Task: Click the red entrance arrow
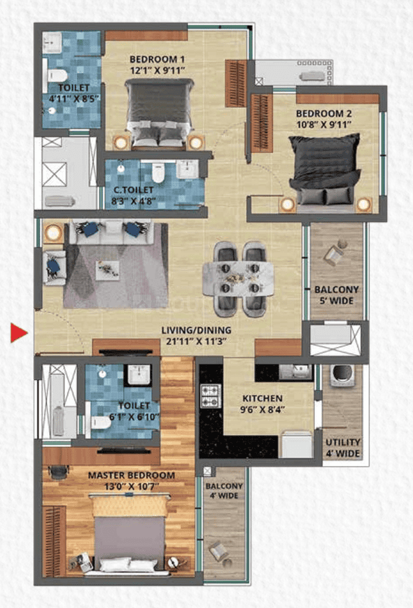pyautogui.click(x=18, y=333)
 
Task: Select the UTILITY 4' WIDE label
pyautogui.click(x=343, y=448)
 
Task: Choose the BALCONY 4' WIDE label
pyautogui.click(x=223, y=490)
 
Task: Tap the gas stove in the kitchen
pyautogui.click(x=211, y=397)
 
